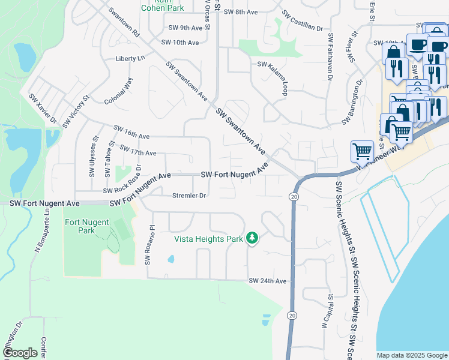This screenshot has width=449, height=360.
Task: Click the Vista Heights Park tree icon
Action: [253, 239]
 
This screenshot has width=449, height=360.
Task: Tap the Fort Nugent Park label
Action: [87, 226]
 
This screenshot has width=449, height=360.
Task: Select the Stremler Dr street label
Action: [189, 196]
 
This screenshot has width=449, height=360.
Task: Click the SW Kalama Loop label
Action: [279, 76]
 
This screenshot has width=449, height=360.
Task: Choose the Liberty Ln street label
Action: [130, 59]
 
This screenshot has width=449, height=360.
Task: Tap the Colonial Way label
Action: [118, 91]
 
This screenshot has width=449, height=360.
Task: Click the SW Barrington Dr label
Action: [353, 102]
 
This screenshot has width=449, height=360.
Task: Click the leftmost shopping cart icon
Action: [362, 151]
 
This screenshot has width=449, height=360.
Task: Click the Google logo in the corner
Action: [20, 353]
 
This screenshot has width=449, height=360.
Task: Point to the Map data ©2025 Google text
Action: [411, 355]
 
